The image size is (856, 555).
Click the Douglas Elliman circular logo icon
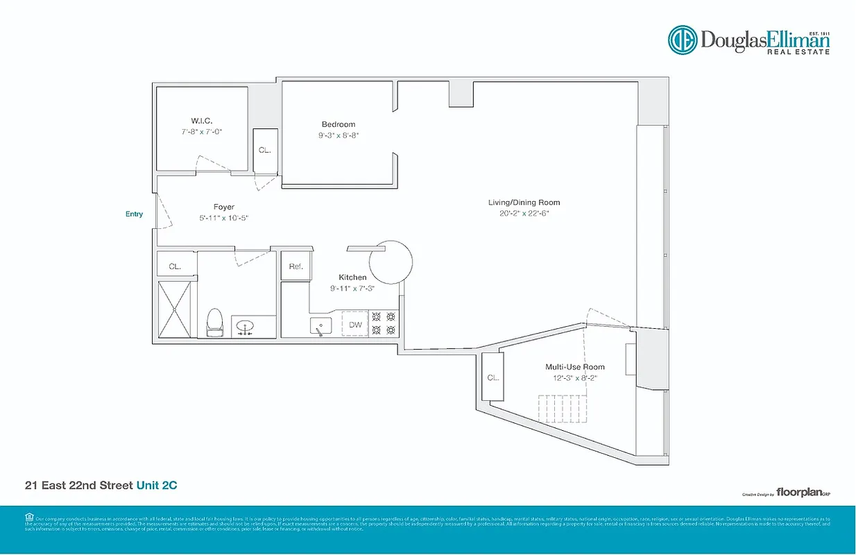[682, 40]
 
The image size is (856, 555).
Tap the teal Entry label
[134, 214]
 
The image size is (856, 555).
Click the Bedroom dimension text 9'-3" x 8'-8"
[338, 135]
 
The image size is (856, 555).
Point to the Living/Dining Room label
[524, 203]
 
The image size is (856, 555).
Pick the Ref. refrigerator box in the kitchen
[296, 266]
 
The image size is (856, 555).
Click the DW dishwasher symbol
[354, 324]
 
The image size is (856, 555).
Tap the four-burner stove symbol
[384, 323]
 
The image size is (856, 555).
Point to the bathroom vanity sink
[246, 326]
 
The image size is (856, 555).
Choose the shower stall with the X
[173, 309]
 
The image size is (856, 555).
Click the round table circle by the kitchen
[391, 262]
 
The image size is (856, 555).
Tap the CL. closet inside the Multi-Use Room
[493, 378]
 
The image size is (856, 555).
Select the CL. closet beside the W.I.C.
[265, 151]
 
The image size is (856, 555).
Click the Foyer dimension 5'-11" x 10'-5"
[223, 218]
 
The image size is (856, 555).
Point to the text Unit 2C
[156, 486]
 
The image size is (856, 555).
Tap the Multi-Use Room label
[574, 367]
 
